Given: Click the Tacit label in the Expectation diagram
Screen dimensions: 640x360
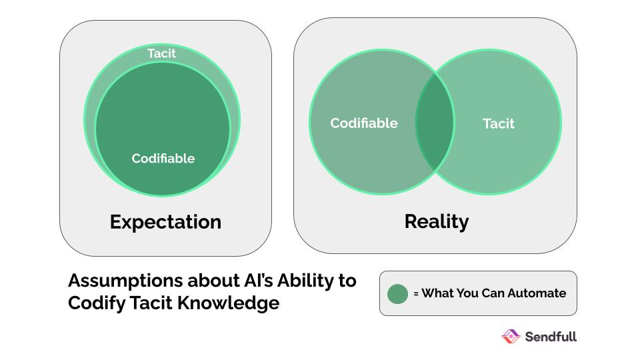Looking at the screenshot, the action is [161, 53].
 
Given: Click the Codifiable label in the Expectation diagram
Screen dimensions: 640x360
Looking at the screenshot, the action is [163, 159].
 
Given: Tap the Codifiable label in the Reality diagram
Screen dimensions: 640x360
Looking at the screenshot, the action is [364, 123].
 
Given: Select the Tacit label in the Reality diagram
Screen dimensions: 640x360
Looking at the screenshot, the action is [499, 124].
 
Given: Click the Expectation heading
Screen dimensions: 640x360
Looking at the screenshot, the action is [166, 223].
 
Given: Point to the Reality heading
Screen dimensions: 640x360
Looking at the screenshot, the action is [436, 222].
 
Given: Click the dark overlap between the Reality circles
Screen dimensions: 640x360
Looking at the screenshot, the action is [435, 121].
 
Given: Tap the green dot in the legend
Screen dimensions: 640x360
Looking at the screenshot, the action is [397, 294].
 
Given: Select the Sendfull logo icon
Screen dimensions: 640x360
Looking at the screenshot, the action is [511, 336].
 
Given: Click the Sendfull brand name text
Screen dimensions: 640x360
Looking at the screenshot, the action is [551, 337].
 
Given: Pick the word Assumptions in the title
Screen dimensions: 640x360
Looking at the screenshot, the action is [125, 281].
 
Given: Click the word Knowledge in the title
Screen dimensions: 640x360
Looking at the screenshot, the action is [228, 304].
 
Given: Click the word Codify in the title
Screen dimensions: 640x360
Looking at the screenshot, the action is [97, 304].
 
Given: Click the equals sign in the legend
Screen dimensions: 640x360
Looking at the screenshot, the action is [416, 293].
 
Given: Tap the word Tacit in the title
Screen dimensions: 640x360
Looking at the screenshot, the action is [151, 303].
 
